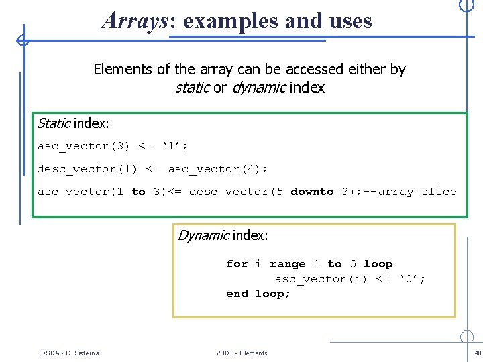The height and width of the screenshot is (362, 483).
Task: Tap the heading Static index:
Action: coord(73,123)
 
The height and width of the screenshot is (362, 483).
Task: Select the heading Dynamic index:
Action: coord(223,235)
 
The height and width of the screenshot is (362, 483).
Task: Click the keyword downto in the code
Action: coord(312,192)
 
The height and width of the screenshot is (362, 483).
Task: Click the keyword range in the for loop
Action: coord(287,264)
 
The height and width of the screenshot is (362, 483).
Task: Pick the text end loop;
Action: coord(258,294)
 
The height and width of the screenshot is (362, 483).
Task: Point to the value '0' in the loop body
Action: coord(413,279)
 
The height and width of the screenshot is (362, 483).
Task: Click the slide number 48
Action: coord(478,353)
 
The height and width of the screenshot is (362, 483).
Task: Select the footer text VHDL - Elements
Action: coord(241,353)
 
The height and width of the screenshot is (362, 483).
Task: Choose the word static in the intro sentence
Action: coord(192,87)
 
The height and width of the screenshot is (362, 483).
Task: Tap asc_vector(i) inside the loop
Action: coord(321,279)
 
